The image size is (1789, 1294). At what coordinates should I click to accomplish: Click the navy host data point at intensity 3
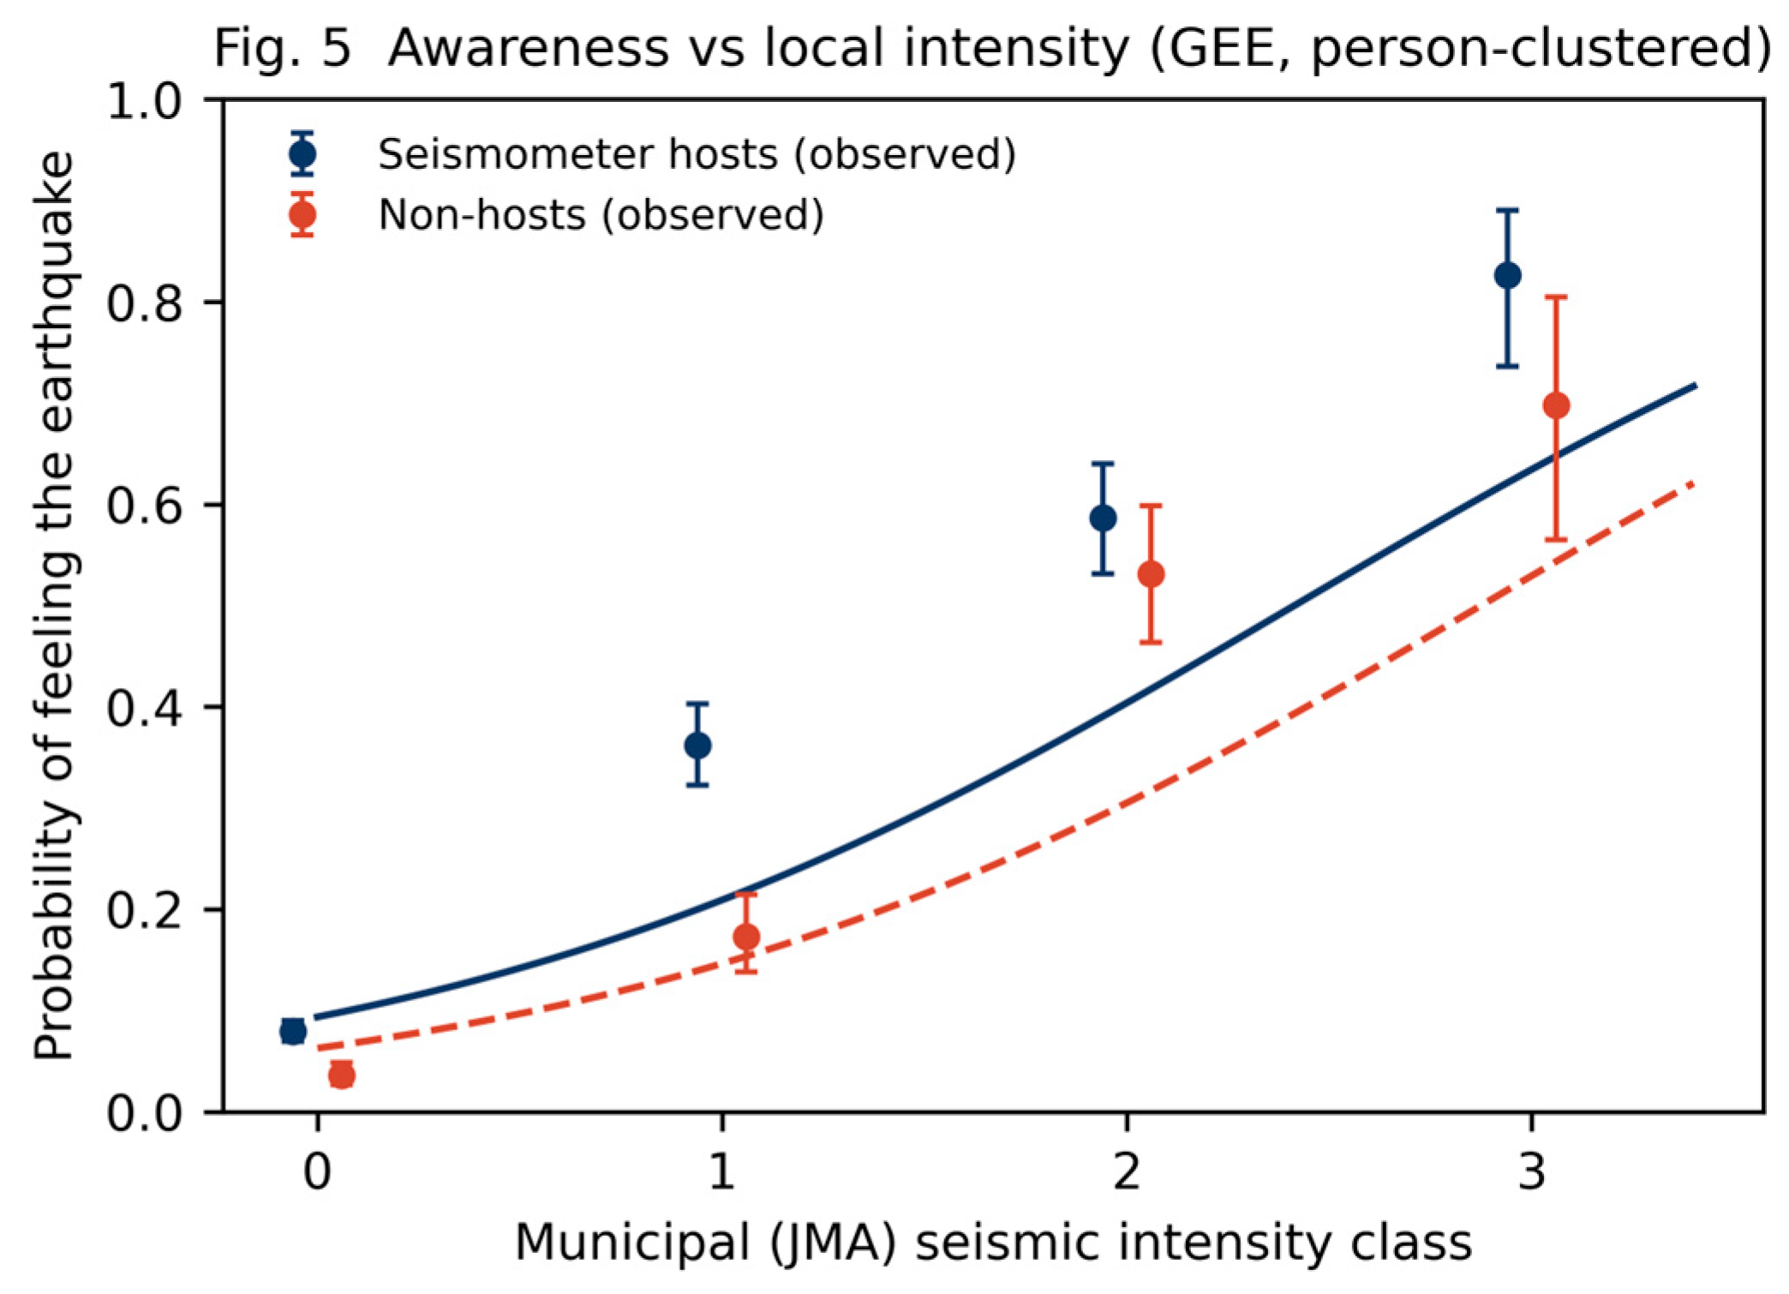(x=1507, y=276)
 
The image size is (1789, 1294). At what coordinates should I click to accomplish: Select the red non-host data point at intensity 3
(x=1556, y=405)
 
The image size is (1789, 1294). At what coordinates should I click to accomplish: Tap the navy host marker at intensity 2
(x=1103, y=518)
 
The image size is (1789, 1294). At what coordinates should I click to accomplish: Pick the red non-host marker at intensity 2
(x=1151, y=574)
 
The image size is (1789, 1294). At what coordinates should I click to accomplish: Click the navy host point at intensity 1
(x=697, y=746)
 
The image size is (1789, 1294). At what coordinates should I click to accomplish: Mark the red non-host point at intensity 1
(x=746, y=937)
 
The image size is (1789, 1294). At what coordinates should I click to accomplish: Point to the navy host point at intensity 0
(x=293, y=1031)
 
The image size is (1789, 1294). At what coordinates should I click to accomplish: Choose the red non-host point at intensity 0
(x=341, y=1075)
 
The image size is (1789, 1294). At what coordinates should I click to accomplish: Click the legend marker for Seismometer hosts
(x=302, y=154)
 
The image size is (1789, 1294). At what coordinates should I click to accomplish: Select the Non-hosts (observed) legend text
(x=601, y=214)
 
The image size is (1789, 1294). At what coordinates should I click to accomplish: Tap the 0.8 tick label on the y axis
(x=144, y=303)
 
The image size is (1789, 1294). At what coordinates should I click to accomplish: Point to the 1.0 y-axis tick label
(x=144, y=100)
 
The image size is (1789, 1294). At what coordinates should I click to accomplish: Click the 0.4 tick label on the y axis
(x=144, y=707)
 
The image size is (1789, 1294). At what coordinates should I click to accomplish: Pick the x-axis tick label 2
(x=1127, y=1171)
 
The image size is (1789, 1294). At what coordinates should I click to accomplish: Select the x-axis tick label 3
(x=1531, y=1171)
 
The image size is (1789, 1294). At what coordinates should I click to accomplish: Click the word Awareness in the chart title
(x=528, y=48)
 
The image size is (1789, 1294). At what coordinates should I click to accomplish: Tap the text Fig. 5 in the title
(x=282, y=50)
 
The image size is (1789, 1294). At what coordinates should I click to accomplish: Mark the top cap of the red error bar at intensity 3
(x=1556, y=297)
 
